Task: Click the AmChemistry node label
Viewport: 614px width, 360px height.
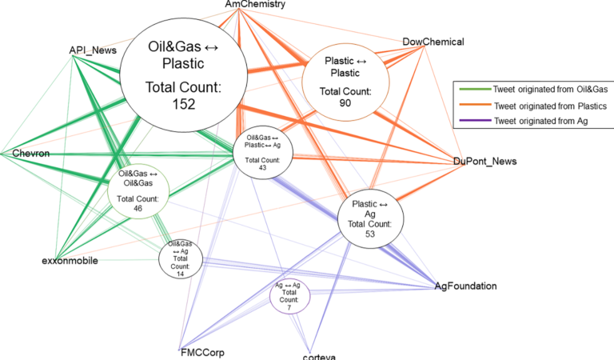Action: pos(255,6)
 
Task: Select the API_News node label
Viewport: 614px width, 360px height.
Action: pos(94,50)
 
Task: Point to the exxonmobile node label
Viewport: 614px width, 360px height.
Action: pos(70,260)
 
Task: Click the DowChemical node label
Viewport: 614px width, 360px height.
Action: pos(433,42)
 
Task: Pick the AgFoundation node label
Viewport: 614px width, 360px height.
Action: pos(466,286)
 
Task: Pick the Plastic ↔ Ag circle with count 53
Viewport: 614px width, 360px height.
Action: pos(370,214)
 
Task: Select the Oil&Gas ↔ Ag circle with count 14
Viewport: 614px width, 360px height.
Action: pos(181,258)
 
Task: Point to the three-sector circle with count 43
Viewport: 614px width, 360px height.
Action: pos(263,150)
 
